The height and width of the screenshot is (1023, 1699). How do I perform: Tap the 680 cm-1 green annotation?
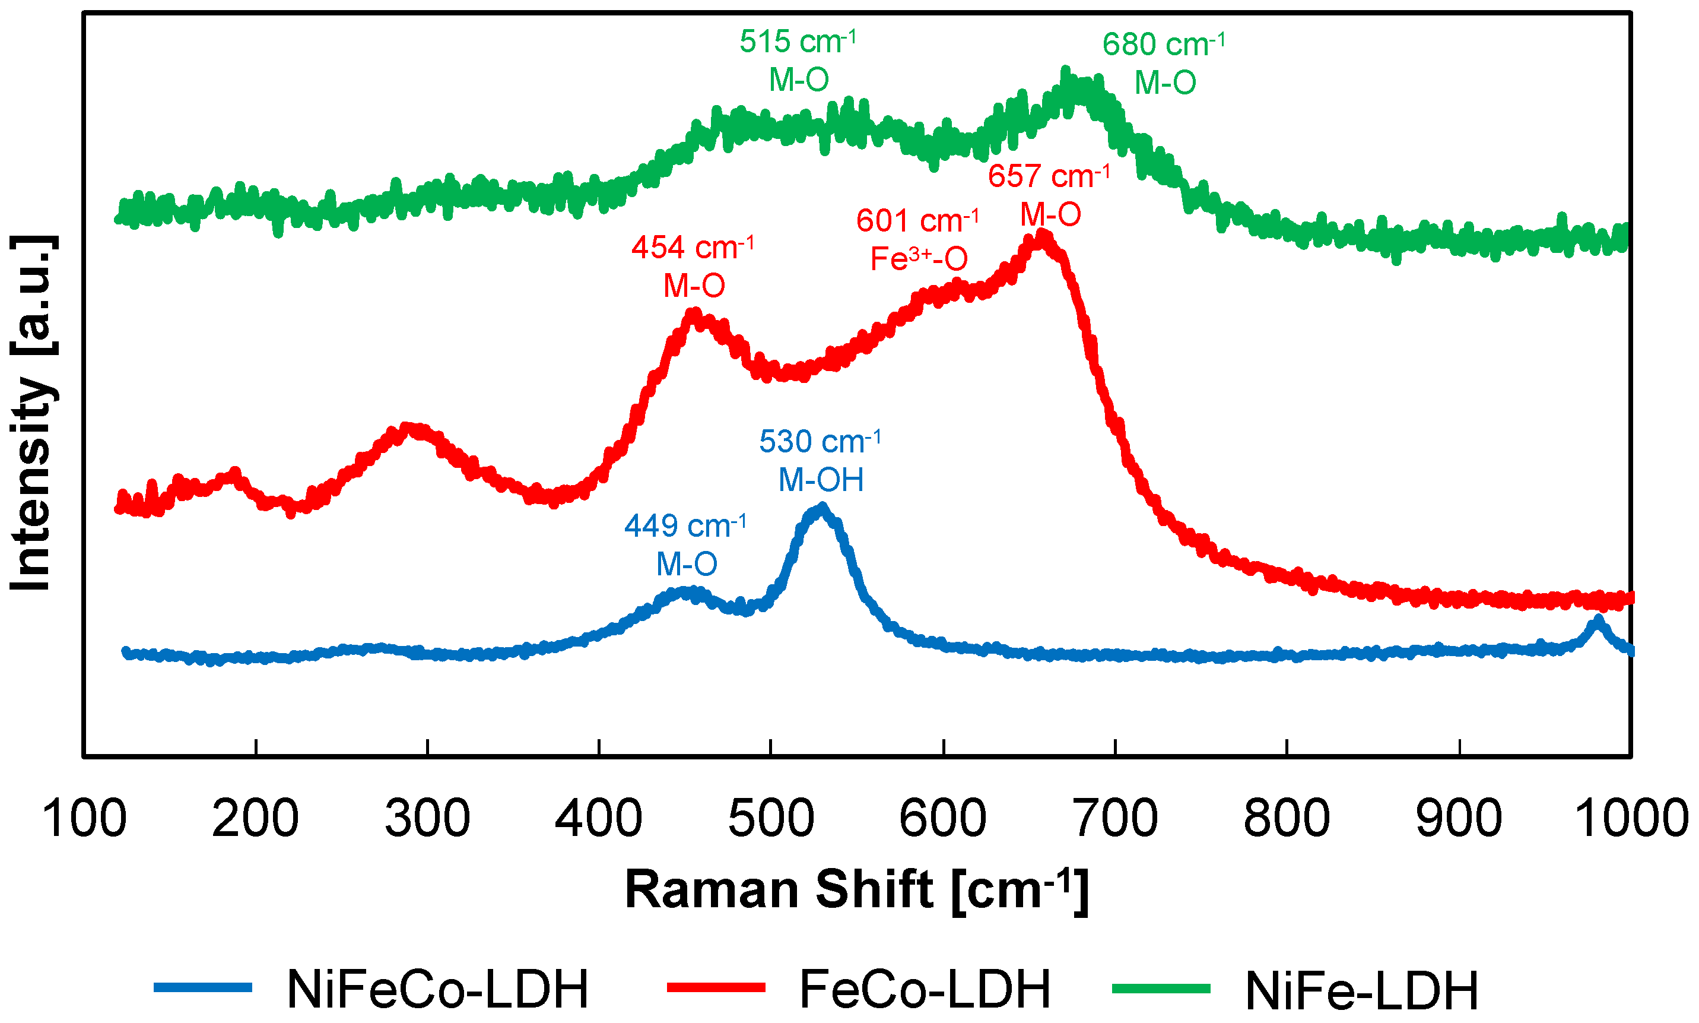pyautogui.click(x=1164, y=64)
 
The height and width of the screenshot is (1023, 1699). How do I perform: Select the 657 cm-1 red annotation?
pyautogui.click(x=1049, y=195)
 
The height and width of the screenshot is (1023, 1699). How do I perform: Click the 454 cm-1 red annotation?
pyautogui.click(x=693, y=266)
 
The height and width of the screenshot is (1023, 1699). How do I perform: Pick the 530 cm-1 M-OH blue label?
pyautogui.click(x=820, y=460)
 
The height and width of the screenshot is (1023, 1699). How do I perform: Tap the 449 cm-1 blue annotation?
pyautogui.click(x=685, y=544)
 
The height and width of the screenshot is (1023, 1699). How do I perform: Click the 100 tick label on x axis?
pyautogui.click(x=84, y=819)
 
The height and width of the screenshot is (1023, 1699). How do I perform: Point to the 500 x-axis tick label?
pyautogui.click(x=771, y=819)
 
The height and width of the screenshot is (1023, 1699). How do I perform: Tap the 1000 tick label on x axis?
pyautogui.click(x=1631, y=819)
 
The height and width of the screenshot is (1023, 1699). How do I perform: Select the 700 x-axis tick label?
pyautogui.click(x=1114, y=819)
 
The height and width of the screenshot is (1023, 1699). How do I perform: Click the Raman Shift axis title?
pyautogui.click(x=856, y=891)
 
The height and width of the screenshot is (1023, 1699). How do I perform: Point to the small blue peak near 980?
pyautogui.click(x=1598, y=620)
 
